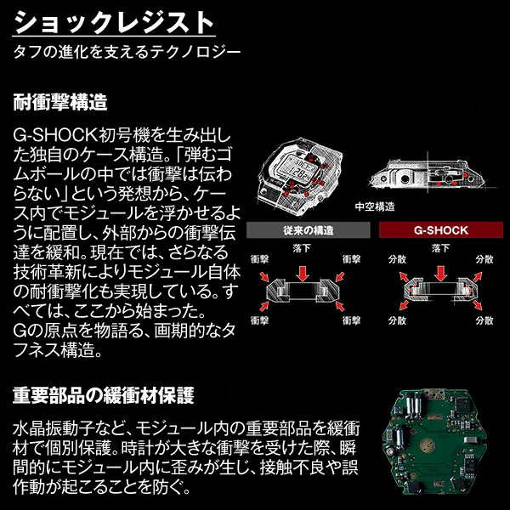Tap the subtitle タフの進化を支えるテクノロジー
click(127, 52)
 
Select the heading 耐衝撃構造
click(59, 104)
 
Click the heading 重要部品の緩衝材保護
click(103, 395)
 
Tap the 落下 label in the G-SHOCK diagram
click(439, 246)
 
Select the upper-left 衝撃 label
click(258, 256)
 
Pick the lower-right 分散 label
click(485, 321)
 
